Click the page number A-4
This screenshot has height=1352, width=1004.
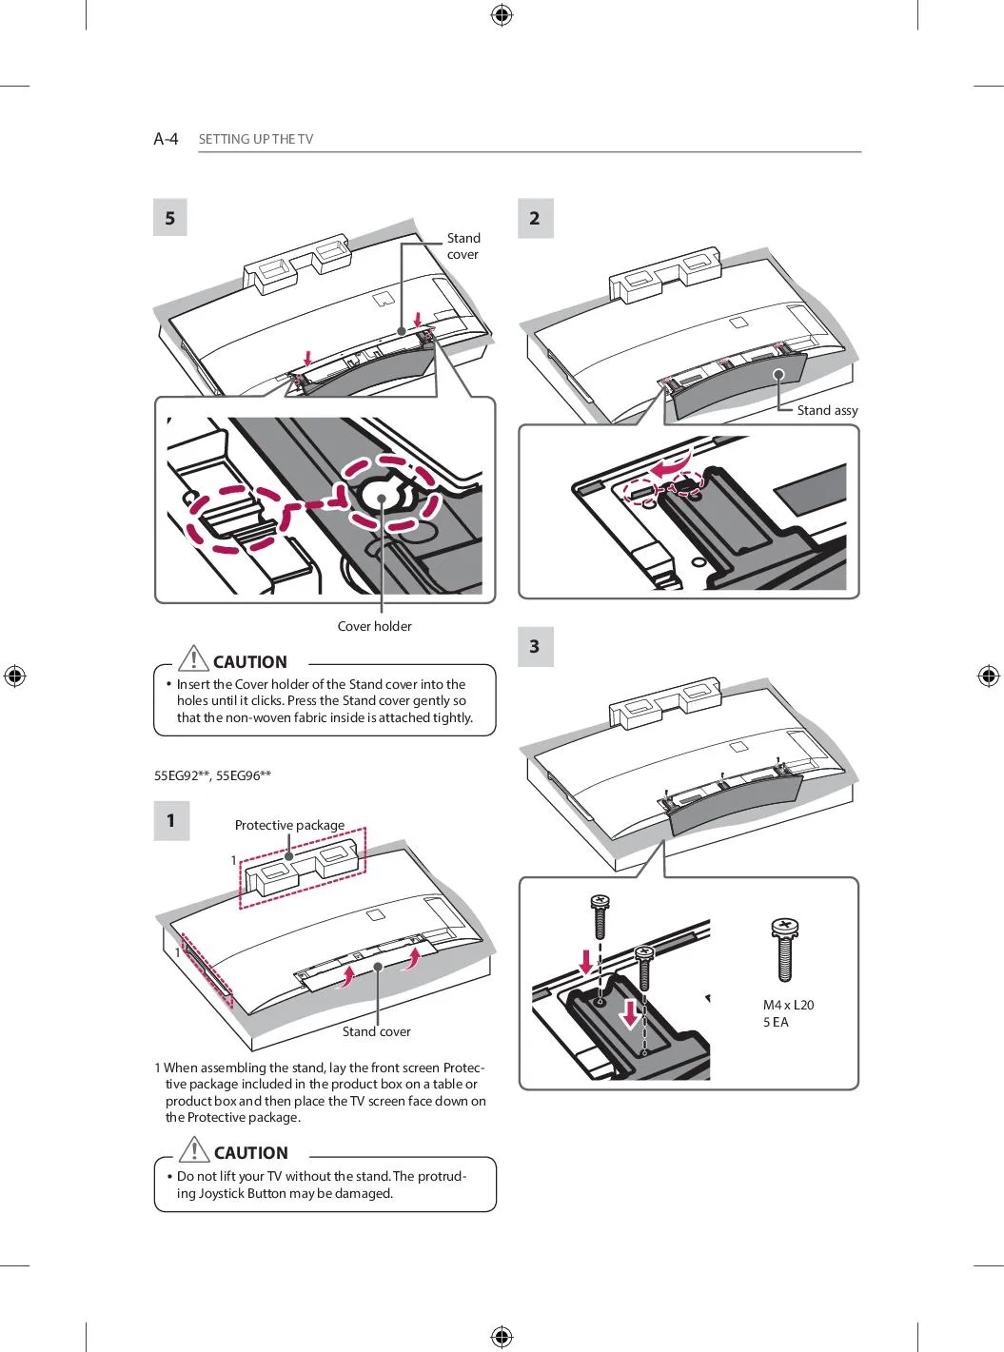click(166, 139)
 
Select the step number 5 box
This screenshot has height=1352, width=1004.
click(170, 218)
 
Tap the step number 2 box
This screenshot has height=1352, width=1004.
click(535, 218)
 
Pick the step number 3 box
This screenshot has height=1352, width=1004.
click(535, 647)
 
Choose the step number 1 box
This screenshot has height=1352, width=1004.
click(171, 820)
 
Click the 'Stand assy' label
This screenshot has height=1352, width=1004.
click(827, 410)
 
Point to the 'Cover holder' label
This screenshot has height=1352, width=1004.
click(374, 626)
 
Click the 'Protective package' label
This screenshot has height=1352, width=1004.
click(289, 825)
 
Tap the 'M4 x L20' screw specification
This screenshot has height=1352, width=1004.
click(788, 1005)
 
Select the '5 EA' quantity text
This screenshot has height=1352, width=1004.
click(776, 1022)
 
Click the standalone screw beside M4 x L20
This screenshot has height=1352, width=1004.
click(785, 949)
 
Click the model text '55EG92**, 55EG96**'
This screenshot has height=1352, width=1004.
click(212, 775)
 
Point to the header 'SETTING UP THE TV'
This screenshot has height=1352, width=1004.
click(255, 139)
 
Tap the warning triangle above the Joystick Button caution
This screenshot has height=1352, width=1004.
click(194, 1149)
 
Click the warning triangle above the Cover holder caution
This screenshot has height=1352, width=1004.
click(193, 658)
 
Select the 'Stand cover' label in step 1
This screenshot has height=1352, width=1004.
click(376, 1031)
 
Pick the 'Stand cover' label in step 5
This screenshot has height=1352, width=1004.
click(463, 245)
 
